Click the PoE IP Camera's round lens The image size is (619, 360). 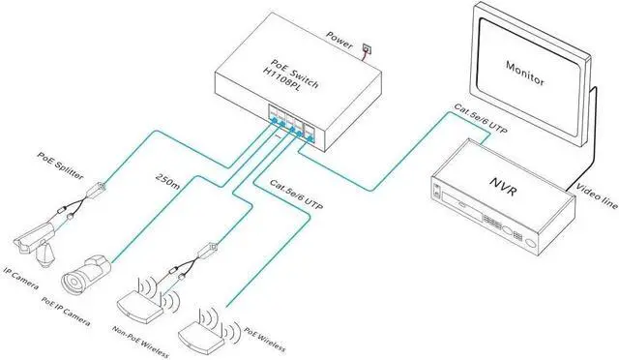pyautogui.click(x=73, y=281)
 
